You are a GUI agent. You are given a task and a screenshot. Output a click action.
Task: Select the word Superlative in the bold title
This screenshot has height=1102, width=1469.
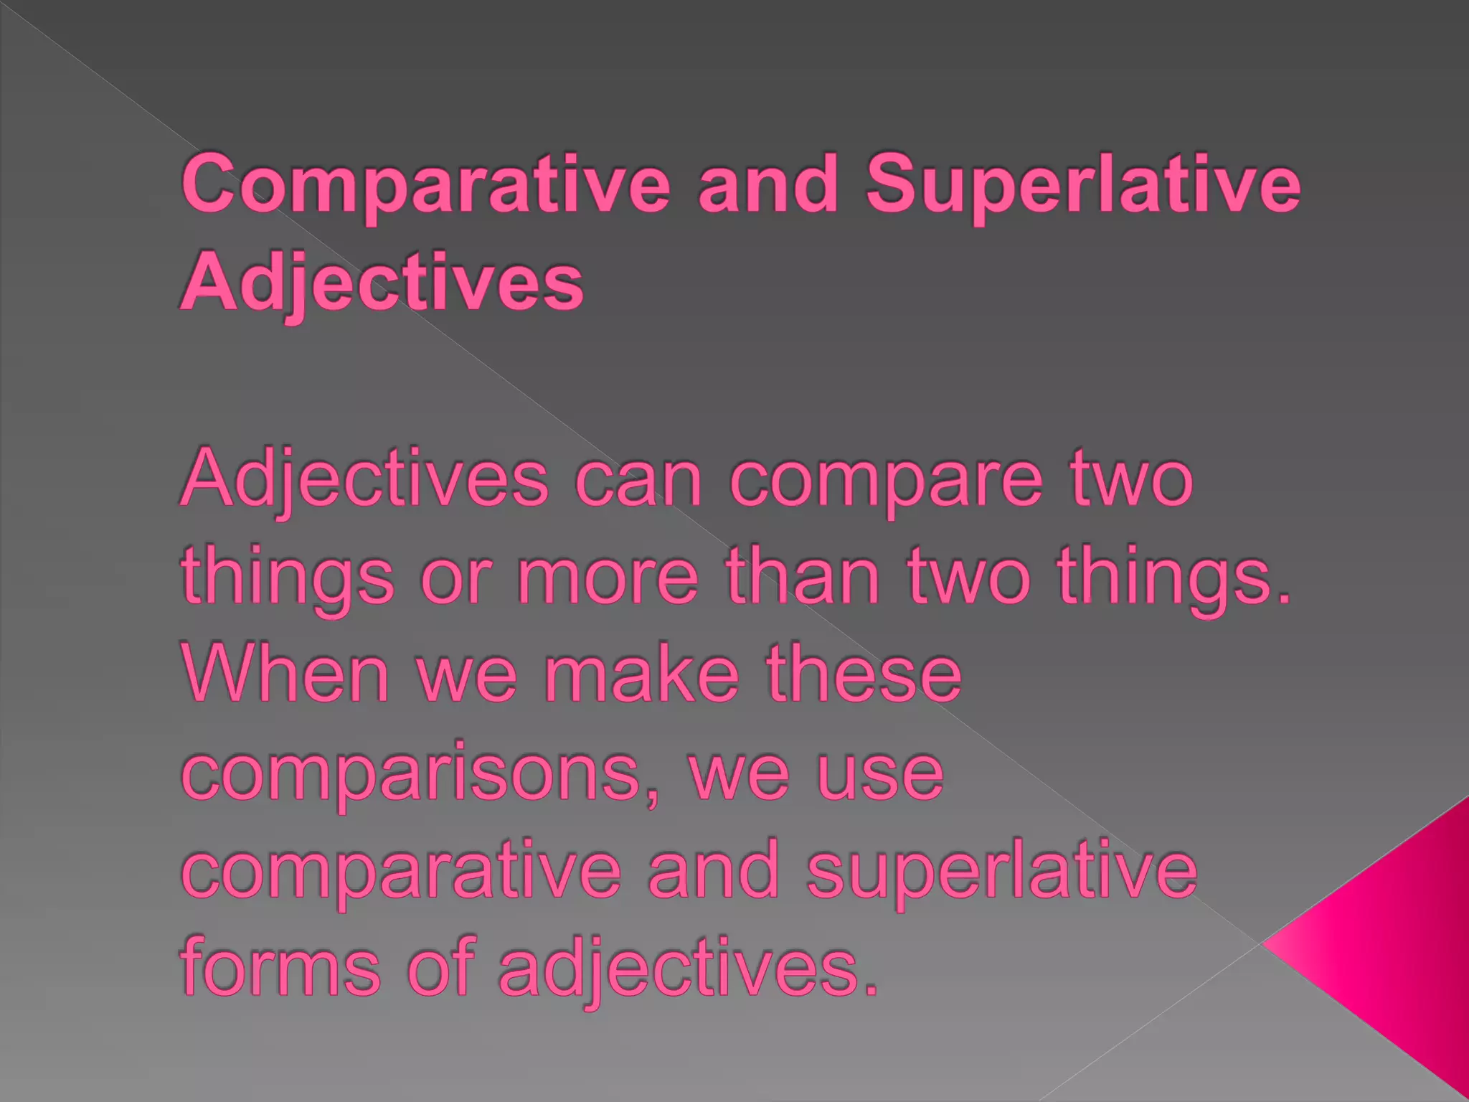tap(1083, 185)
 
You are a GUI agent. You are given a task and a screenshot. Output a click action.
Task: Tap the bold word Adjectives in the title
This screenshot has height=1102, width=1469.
tap(382, 283)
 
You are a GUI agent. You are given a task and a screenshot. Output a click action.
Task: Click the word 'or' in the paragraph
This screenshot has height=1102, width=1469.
tap(456, 576)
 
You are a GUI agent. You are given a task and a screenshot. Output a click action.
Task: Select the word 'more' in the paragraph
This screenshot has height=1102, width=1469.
tap(608, 576)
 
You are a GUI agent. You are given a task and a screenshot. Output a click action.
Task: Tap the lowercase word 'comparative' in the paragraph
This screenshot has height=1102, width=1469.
tap(402, 872)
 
